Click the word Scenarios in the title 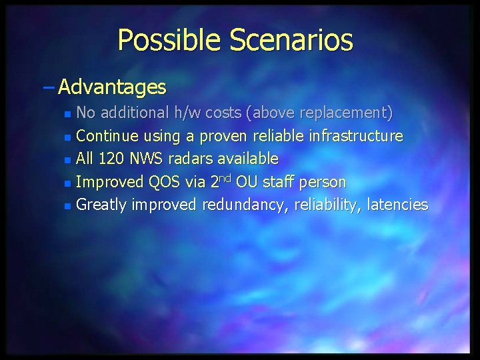(x=291, y=41)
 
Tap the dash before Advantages (x=50, y=87)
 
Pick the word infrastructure (x=356, y=137)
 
